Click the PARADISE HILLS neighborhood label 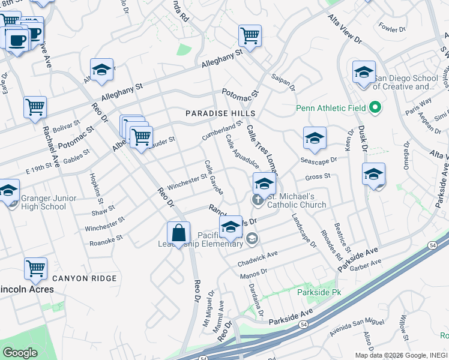click(220, 113)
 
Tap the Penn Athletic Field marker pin click(375, 109)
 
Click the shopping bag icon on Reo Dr click(178, 233)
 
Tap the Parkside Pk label click(319, 292)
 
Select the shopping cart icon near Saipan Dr click(250, 35)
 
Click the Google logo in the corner click(20, 353)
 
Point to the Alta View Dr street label click(346, 29)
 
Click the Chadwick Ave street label click(258, 255)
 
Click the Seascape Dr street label click(319, 160)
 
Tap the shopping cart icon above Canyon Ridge click(35, 269)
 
